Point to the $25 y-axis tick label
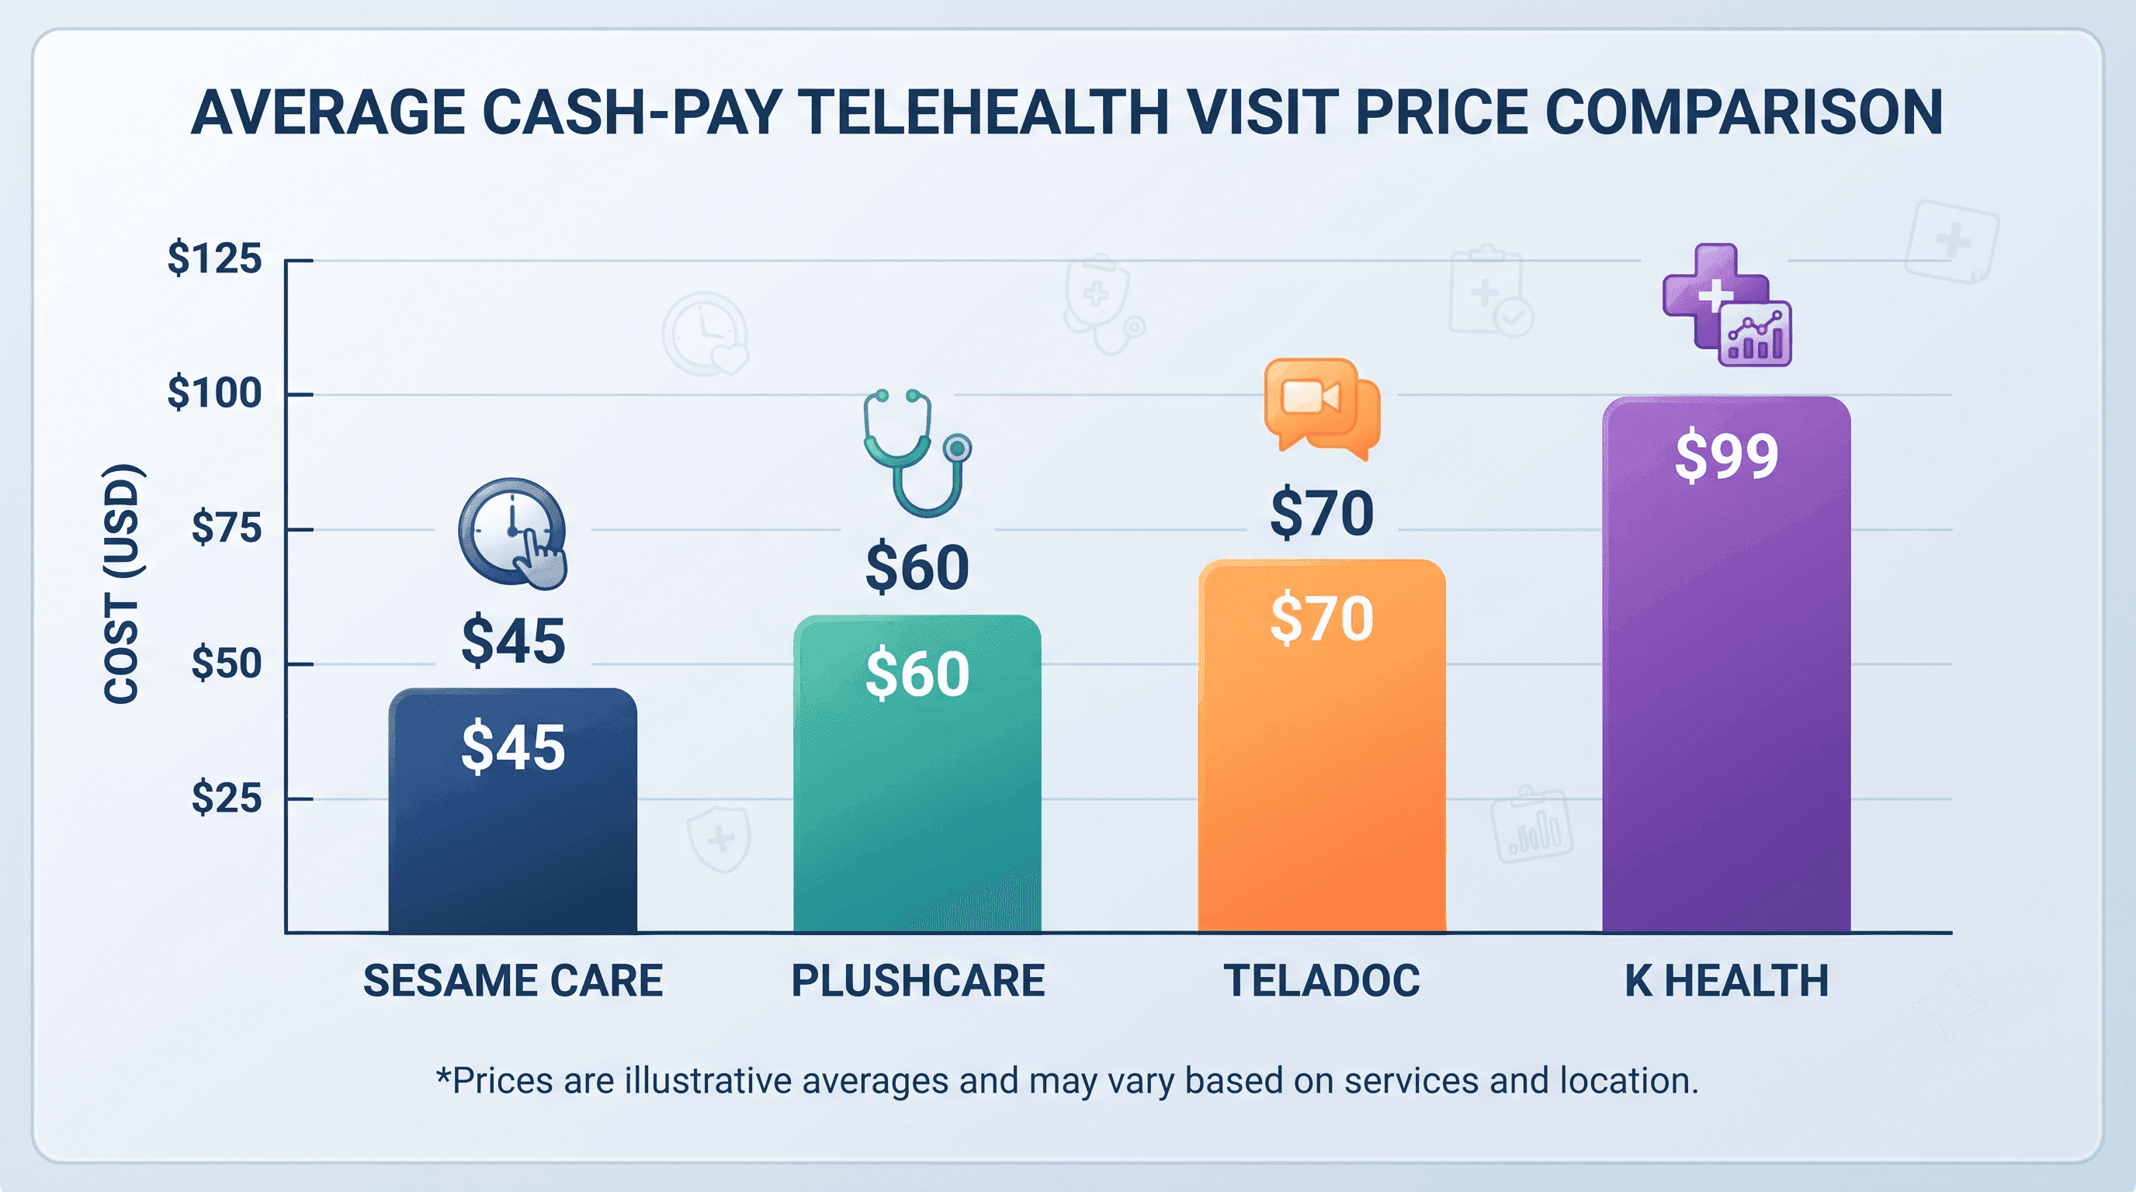tap(227, 799)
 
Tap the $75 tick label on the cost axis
tap(227, 528)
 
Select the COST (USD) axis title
tap(121, 584)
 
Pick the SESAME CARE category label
tap(513, 981)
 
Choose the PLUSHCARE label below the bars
tap(918, 981)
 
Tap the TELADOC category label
tap(1322, 981)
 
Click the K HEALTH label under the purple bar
tap(1726, 981)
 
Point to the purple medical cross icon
tap(1726, 304)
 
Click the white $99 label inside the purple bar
tap(1726, 455)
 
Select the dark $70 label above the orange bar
tap(1322, 513)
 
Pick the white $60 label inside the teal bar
tap(917, 673)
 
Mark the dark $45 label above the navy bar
tap(513, 641)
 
